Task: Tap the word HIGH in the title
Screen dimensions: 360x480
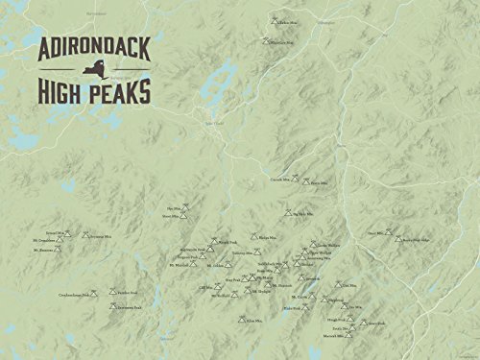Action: click(66, 92)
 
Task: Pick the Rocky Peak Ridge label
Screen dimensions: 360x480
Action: click(417, 240)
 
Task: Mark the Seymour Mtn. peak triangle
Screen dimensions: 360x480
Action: click(86, 235)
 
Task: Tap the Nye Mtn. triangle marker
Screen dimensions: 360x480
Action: click(184, 207)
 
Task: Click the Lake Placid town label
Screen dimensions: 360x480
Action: click(213, 123)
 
